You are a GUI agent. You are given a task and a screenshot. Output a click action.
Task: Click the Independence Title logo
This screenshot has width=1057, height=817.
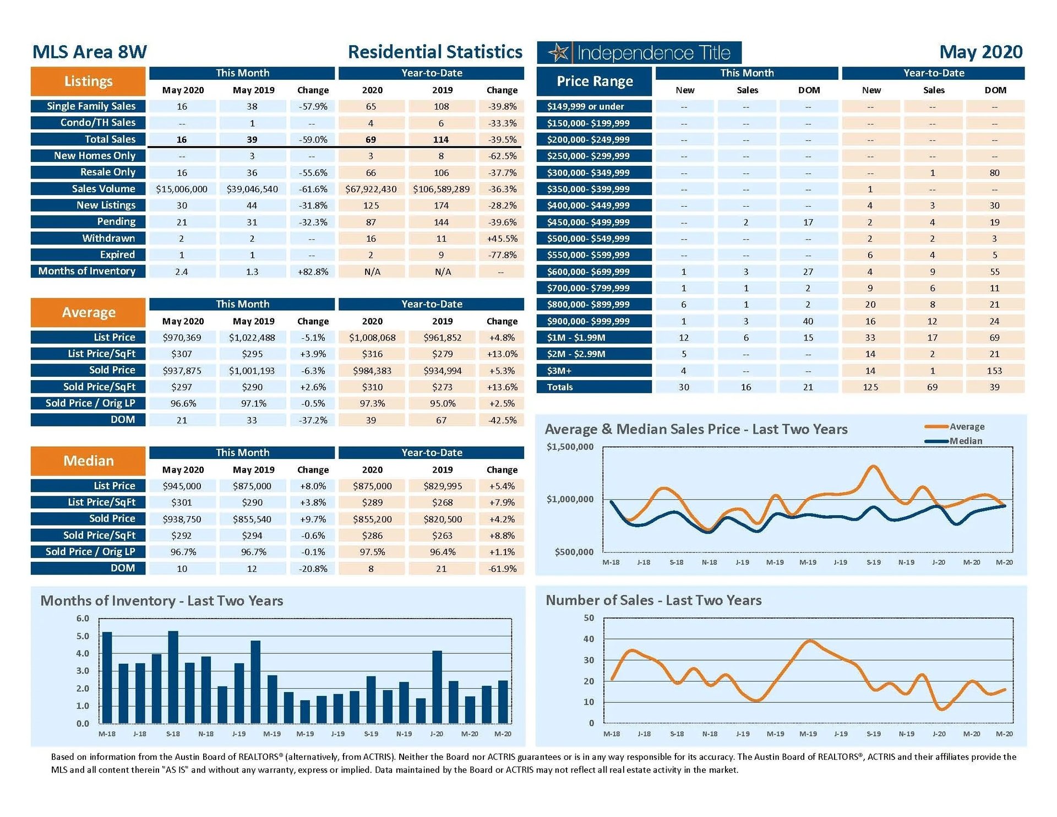(639, 53)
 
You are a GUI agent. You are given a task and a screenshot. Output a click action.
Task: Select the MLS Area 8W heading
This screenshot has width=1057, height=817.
(90, 52)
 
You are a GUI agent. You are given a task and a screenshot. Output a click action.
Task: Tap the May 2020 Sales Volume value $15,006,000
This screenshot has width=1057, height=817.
(182, 190)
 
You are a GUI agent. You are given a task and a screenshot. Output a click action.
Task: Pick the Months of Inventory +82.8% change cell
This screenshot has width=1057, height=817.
(313, 272)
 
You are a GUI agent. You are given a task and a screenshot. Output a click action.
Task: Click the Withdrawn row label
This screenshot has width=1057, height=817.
(108, 239)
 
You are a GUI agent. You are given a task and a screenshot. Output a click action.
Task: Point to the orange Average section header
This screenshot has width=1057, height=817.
(88, 312)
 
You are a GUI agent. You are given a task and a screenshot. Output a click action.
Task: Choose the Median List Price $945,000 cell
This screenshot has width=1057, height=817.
(182, 486)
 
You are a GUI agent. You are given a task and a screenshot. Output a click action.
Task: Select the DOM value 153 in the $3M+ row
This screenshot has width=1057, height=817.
(994, 371)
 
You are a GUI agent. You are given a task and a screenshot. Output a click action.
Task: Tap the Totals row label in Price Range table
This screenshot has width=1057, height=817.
(560, 387)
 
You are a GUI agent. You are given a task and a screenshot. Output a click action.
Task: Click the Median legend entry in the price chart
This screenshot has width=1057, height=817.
(965, 441)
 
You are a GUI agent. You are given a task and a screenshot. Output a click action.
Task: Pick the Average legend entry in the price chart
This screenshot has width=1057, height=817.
(967, 426)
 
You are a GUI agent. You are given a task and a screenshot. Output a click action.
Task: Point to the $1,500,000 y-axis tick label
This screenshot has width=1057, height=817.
(570, 447)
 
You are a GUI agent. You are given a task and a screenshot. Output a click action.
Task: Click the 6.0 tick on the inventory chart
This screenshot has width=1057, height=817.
(83, 619)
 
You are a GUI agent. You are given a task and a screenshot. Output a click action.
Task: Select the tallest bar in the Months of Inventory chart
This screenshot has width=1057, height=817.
(173, 677)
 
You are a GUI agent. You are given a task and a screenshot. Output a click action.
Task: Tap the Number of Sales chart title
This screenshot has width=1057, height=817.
(653, 600)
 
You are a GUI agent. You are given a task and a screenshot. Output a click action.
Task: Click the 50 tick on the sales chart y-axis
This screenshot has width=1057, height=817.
(589, 618)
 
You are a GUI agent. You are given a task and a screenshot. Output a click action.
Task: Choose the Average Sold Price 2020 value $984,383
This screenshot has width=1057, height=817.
(372, 371)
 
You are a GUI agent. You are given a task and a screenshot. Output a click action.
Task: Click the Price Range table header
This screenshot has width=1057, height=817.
(595, 82)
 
